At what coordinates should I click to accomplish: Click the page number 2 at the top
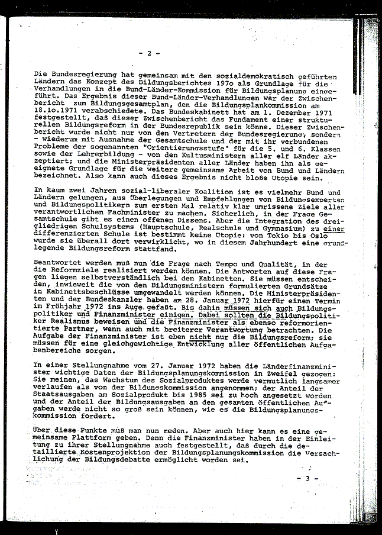coord(150,53)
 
